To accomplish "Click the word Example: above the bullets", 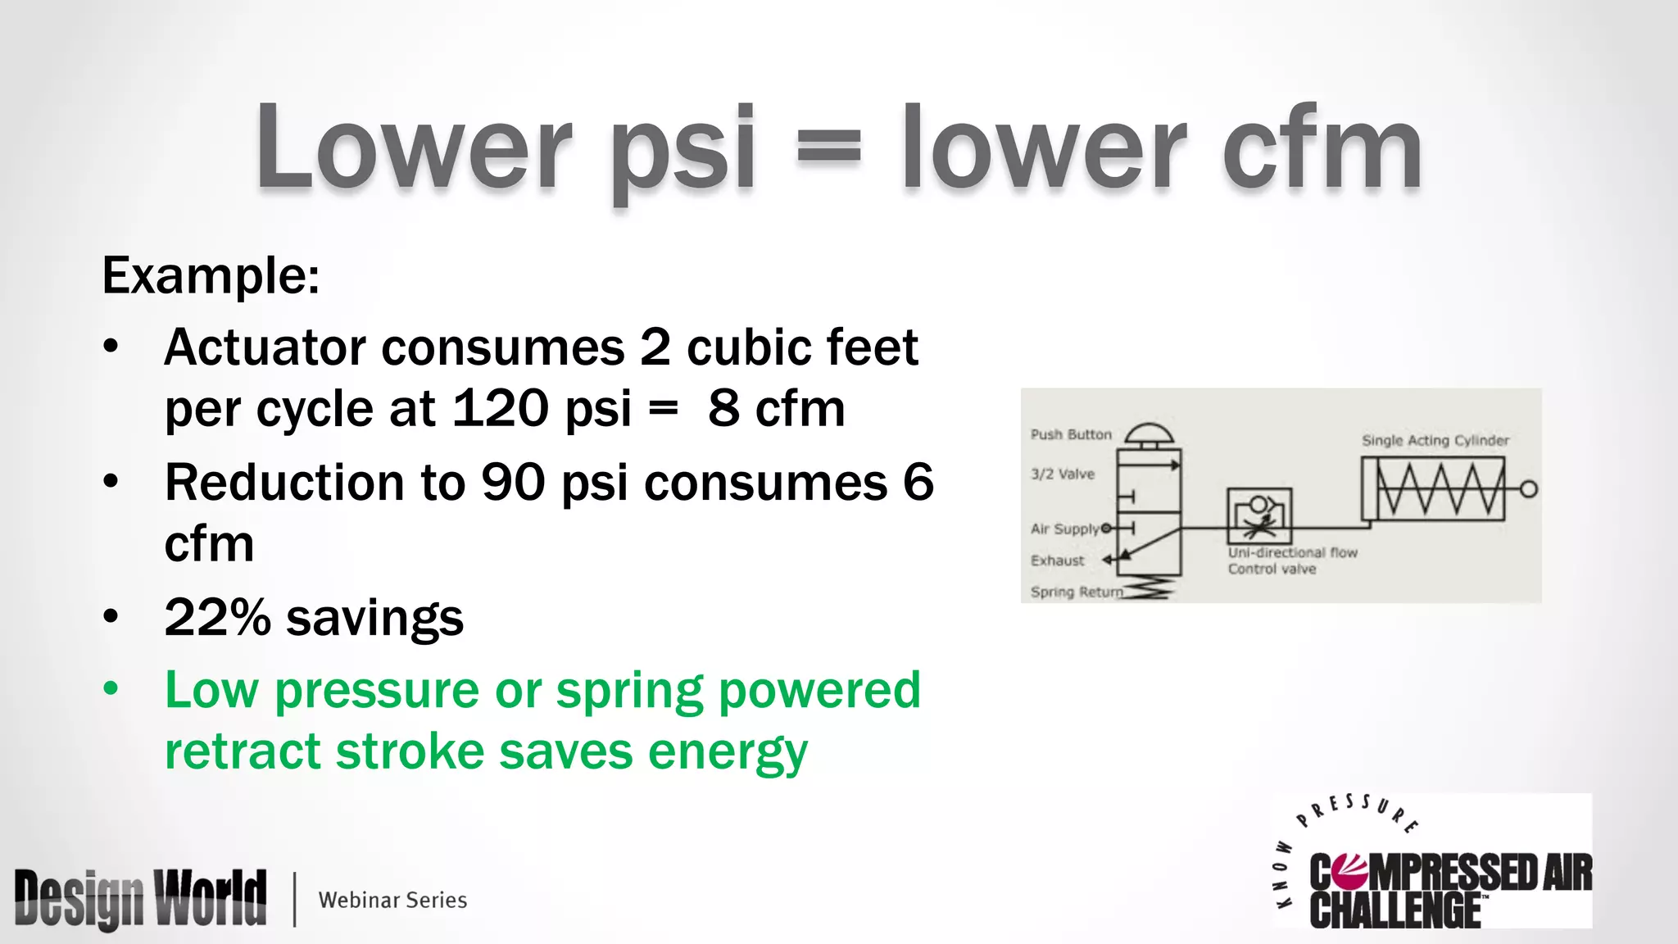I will pyautogui.click(x=211, y=275).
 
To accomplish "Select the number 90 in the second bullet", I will pyautogui.click(x=513, y=482).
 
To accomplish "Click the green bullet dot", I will pyautogui.click(x=111, y=688).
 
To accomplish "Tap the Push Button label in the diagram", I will pyautogui.click(x=1071, y=434).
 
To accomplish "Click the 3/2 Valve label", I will pyautogui.click(x=1063, y=474).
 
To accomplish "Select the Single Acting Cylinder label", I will pyautogui.click(x=1435, y=440).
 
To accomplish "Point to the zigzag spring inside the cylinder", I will pyautogui.click(x=1440, y=488).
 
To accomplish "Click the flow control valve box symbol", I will pyautogui.click(x=1259, y=515).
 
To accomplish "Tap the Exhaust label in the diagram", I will pyautogui.click(x=1057, y=560).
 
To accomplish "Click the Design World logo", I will pyautogui.click(x=140, y=899).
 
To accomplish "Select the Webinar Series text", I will pyautogui.click(x=392, y=900).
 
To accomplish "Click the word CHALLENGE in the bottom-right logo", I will pyautogui.click(x=1395, y=910).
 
